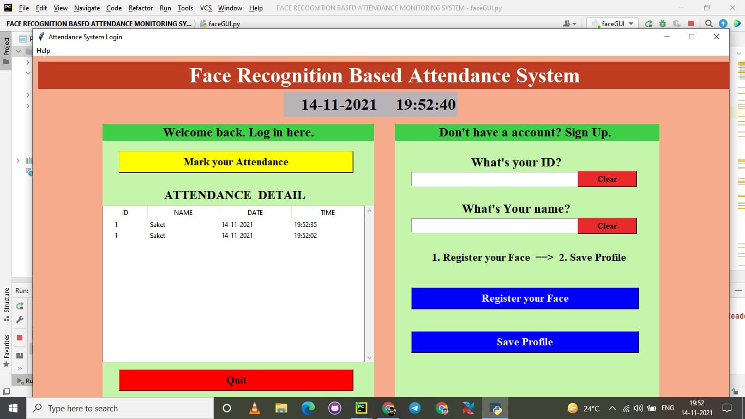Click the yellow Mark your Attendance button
236,162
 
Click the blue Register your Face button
525,298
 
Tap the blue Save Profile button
525,342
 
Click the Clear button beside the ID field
607,179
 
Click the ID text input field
494,179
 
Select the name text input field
494,226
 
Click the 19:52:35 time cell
305,225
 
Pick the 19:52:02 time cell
305,236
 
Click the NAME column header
183,213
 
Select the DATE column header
255,213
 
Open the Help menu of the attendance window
43,51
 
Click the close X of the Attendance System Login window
717,37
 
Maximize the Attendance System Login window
692,37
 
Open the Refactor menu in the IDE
141,8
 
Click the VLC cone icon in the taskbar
254,408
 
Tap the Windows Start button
13,408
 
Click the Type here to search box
120,408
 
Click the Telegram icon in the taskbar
414,408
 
